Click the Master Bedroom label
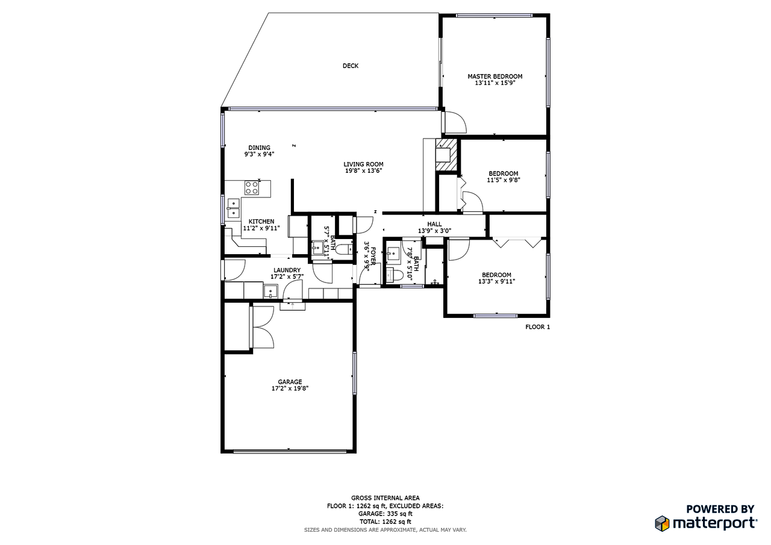click(x=495, y=76)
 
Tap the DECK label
click(x=350, y=66)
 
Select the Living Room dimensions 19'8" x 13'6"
click(x=363, y=171)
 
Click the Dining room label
click(x=259, y=148)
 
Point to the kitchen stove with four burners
click(x=251, y=188)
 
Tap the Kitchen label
click(x=261, y=222)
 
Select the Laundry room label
click(x=287, y=270)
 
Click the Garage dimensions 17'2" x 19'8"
click(x=290, y=389)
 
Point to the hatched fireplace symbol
click(x=446, y=144)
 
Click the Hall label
click(x=434, y=224)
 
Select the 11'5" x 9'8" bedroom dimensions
click(x=503, y=180)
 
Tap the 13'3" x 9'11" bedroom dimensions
click(x=496, y=281)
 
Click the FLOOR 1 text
click(x=537, y=327)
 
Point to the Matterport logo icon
click(x=662, y=523)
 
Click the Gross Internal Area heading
click(x=385, y=498)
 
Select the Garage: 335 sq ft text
click(x=385, y=514)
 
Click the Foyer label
click(x=373, y=256)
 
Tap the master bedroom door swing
click(x=455, y=122)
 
